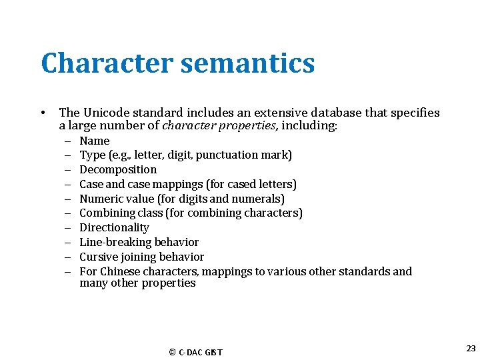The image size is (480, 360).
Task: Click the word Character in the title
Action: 106,63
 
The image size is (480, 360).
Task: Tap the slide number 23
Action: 471,349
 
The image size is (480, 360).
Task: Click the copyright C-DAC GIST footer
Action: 196,352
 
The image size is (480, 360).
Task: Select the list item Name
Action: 94,141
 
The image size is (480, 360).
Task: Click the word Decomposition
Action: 118,169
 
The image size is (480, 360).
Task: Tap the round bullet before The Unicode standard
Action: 42,113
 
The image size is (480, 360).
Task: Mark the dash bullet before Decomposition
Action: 69,170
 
